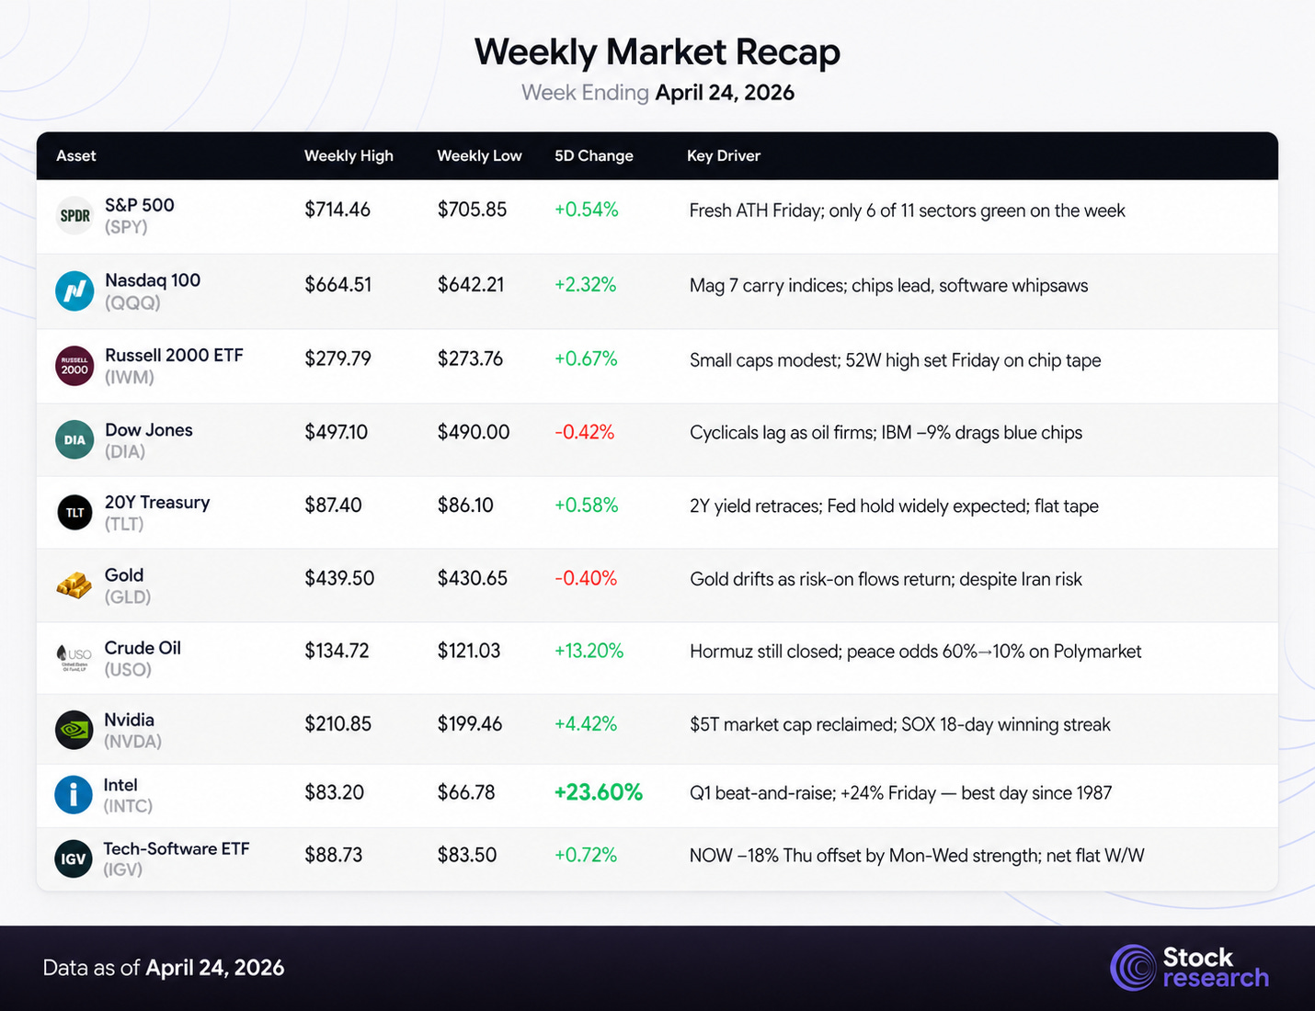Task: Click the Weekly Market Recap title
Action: (x=657, y=52)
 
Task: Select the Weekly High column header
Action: (x=349, y=156)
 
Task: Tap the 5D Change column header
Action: (x=594, y=156)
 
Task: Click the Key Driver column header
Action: (x=723, y=156)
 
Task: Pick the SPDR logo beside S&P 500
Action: (x=75, y=216)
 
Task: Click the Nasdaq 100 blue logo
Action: (x=74, y=290)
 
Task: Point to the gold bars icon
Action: (x=74, y=585)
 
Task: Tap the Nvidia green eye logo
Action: (x=74, y=730)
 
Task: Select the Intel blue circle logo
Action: (x=74, y=794)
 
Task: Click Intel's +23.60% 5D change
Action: (x=599, y=792)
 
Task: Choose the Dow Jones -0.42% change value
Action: (x=585, y=432)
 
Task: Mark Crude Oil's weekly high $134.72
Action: (x=337, y=651)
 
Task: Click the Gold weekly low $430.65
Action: (x=472, y=578)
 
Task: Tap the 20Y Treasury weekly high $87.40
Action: (x=333, y=505)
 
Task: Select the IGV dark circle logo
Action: (x=74, y=858)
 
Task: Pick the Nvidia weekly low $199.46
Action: (x=470, y=724)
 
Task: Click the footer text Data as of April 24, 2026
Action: (x=164, y=968)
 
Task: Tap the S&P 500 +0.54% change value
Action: (x=587, y=210)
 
